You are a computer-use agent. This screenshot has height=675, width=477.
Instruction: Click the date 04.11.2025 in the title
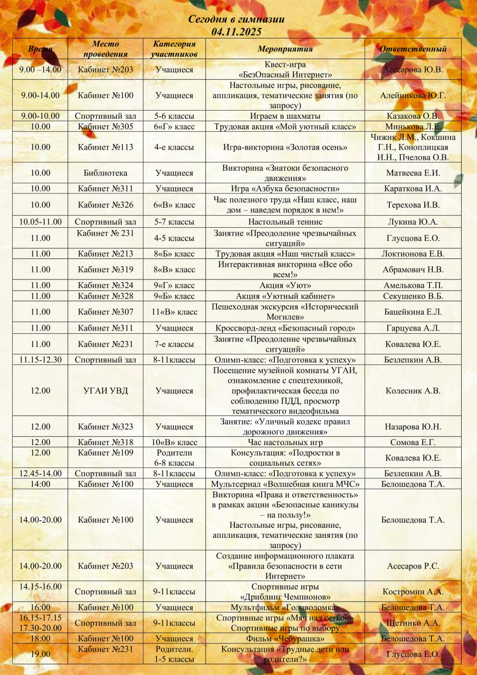(236, 32)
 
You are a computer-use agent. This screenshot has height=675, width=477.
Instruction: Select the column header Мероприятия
(285, 49)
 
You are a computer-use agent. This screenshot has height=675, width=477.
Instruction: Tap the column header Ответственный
(413, 49)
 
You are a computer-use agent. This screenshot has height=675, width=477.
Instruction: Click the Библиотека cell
(106, 173)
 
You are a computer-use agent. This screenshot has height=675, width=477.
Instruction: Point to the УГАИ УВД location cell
(106, 391)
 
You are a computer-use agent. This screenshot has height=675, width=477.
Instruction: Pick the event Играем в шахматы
(285, 116)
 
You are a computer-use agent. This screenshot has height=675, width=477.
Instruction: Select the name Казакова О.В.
(413, 116)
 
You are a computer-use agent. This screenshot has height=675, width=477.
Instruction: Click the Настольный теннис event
(285, 222)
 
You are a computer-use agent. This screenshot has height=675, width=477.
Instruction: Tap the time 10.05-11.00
(40, 222)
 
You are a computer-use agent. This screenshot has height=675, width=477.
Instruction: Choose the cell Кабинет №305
(106, 127)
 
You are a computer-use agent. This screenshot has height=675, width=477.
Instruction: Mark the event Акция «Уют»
(285, 285)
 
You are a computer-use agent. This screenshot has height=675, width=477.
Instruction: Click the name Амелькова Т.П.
(413, 285)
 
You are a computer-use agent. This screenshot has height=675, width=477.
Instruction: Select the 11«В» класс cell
(174, 312)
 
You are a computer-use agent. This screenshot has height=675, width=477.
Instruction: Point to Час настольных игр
(285, 442)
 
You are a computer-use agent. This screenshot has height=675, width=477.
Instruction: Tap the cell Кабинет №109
(106, 453)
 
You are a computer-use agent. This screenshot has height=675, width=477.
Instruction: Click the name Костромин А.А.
(413, 592)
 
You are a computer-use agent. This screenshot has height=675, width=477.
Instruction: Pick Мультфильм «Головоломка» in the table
(285, 607)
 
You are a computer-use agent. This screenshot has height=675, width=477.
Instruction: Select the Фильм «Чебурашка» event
(285, 639)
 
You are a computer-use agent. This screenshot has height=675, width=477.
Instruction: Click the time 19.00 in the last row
(40, 654)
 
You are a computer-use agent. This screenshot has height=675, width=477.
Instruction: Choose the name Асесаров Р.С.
(413, 566)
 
